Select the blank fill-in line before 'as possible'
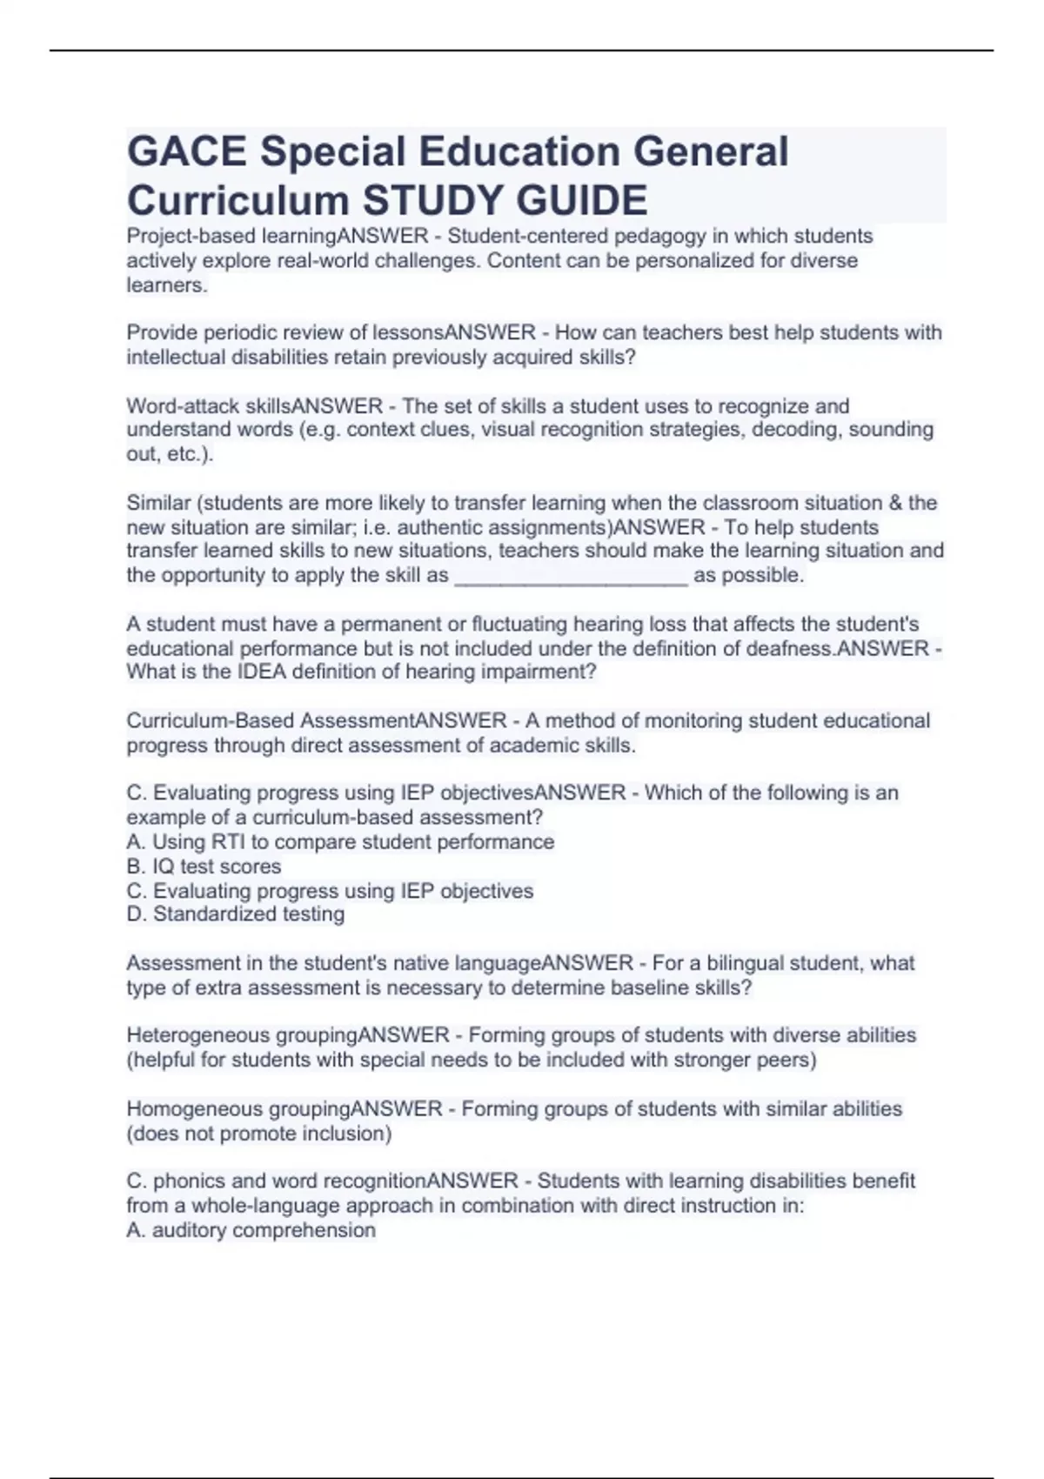(x=572, y=576)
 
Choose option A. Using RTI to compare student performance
(x=340, y=842)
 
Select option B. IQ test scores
(x=204, y=867)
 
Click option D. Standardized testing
(x=235, y=914)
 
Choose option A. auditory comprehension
(x=251, y=1230)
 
